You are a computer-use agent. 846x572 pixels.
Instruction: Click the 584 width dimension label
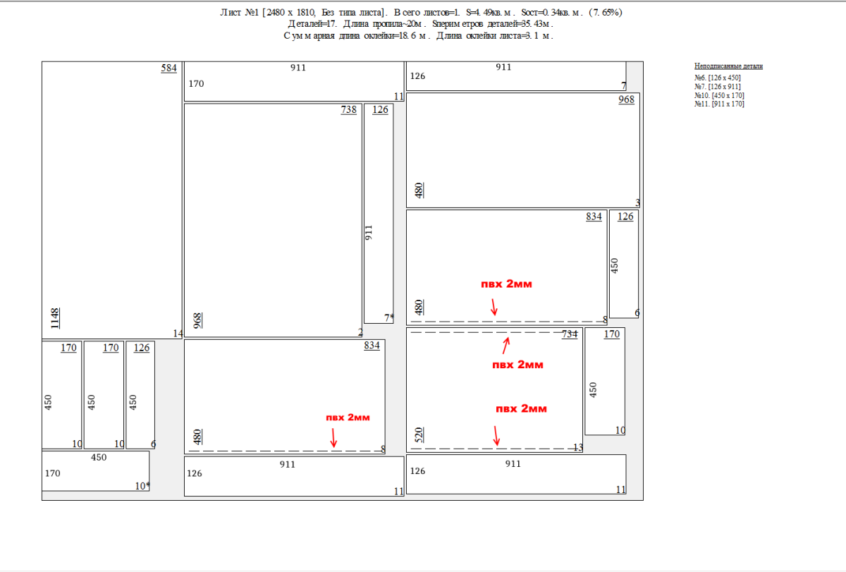pyautogui.click(x=168, y=68)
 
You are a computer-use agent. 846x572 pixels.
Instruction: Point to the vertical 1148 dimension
pyautogui.click(x=55, y=319)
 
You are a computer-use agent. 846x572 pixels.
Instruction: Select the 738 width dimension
pyautogui.click(x=348, y=110)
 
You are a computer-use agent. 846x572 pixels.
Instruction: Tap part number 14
pyautogui.click(x=178, y=334)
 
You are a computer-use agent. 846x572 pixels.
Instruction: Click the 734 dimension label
pyautogui.click(x=570, y=334)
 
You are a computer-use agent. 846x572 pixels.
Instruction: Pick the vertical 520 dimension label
pyautogui.click(x=419, y=435)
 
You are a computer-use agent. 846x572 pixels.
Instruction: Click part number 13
pyautogui.click(x=578, y=447)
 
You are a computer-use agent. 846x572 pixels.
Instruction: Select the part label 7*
pyautogui.click(x=389, y=318)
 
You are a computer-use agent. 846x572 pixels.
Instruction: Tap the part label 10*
pyautogui.click(x=142, y=486)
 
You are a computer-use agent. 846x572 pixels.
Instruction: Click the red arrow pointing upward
pyautogui.click(x=506, y=346)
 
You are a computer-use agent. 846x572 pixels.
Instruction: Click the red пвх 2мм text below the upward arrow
pyautogui.click(x=517, y=365)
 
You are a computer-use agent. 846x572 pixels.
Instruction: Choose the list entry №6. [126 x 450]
pyautogui.click(x=718, y=78)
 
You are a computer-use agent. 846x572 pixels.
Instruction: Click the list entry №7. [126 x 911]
pyautogui.click(x=718, y=87)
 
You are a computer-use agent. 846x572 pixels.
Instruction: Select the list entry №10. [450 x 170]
pyautogui.click(x=719, y=95)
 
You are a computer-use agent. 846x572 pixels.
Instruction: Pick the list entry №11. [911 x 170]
pyautogui.click(x=719, y=104)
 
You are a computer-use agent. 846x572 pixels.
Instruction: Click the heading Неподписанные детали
pyautogui.click(x=728, y=66)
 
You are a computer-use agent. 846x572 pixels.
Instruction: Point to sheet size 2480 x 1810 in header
pyautogui.click(x=290, y=13)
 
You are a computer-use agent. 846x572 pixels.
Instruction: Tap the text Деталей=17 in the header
pyautogui.click(x=312, y=24)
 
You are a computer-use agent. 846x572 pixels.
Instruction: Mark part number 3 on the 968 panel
pyautogui.click(x=637, y=203)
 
